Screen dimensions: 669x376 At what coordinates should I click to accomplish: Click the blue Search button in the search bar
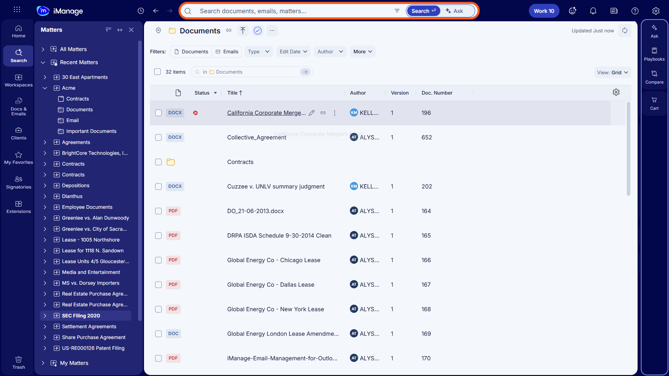click(423, 11)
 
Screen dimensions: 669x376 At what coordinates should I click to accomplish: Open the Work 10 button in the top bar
click(544, 11)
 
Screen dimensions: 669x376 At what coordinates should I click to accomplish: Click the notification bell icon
click(593, 11)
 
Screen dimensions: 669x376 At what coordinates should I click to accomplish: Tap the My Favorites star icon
click(18, 155)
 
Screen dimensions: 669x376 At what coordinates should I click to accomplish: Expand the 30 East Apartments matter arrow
click(45, 77)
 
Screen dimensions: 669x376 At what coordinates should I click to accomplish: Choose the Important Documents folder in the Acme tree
click(91, 131)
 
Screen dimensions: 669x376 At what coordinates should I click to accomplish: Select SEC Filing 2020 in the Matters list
click(81, 315)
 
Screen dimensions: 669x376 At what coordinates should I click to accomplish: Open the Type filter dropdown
click(258, 52)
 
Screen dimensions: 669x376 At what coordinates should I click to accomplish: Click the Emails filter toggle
click(227, 52)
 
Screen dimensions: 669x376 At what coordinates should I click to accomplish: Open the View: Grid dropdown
click(612, 72)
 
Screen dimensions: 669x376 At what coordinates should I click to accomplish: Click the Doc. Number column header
click(437, 93)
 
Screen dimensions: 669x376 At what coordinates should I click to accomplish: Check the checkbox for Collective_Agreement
click(158, 137)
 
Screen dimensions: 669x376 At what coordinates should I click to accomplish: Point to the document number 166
click(426, 260)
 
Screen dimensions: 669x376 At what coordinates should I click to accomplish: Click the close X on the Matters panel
click(131, 30)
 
